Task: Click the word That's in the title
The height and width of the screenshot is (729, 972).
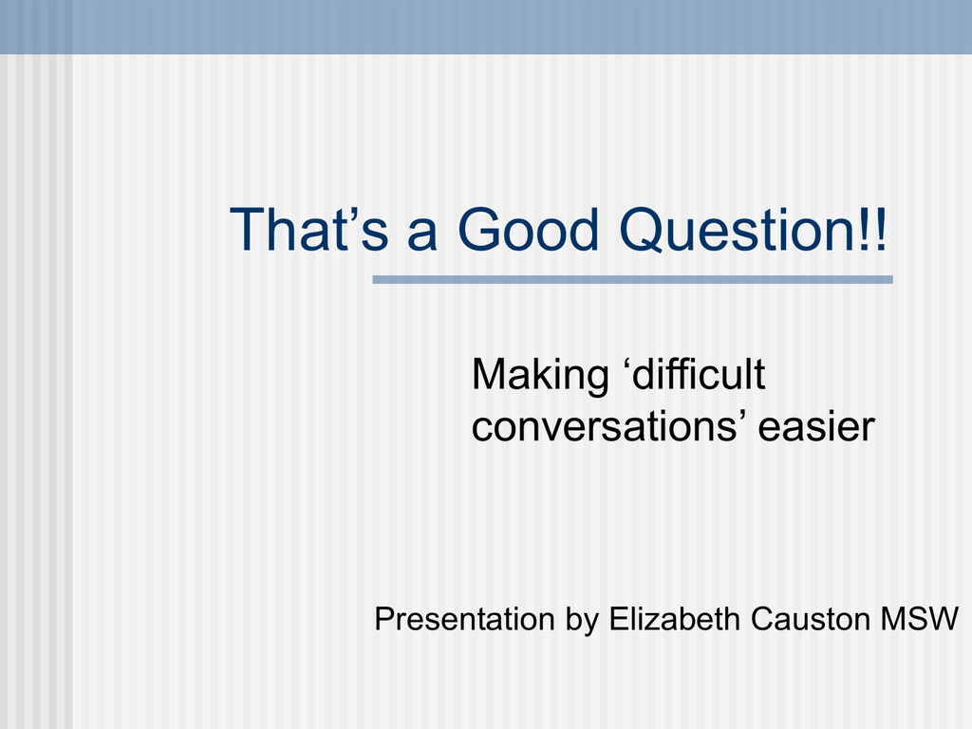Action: tap(308, 230)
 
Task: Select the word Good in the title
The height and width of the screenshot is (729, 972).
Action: tap(528, 230)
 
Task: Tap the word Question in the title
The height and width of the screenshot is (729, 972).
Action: tap(738, 231)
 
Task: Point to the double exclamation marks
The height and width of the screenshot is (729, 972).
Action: tap(874, 230)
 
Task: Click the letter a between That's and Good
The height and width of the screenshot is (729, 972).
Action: tap(422, 235)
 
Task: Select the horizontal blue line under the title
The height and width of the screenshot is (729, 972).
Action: tap(632, 280)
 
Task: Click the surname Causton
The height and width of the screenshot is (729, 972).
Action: tap(810, 619)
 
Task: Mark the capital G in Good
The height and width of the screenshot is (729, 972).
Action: tap(479, 230)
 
